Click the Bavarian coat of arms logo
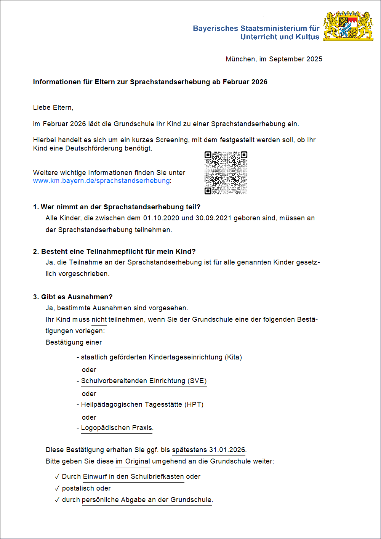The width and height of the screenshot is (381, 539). [x=348, y=26]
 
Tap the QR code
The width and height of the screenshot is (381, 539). [x=226, y=173]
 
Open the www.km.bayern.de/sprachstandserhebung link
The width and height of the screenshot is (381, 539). [x=101, y=181]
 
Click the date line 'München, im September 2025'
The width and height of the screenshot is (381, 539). [x=274, y=59]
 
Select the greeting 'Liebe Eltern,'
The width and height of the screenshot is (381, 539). [x=53, y=107]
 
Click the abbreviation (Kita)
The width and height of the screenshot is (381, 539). [x=233, y=357]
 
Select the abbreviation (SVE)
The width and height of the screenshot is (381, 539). [x=197, y=381]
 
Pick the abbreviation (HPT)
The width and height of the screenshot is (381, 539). [x=194, y=404]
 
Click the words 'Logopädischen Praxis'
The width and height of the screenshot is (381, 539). [x=117, y=428]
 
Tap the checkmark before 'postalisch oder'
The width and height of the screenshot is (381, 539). [x=57, y=488]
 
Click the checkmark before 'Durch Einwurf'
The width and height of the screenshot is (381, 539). [x=57, y=476]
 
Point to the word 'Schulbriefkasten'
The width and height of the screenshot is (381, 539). [x=157, y=476]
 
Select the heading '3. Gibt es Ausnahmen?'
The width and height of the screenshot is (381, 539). [x=73, y=297]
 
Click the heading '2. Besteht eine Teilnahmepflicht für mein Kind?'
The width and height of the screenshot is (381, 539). [x=114, y=252]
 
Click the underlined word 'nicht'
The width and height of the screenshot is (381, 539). [x=99, y=319]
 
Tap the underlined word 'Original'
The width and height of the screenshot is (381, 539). [x=138, y=461]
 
